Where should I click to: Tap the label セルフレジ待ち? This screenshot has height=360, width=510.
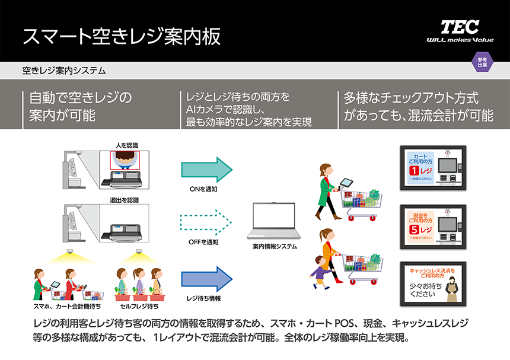[139, 307]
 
